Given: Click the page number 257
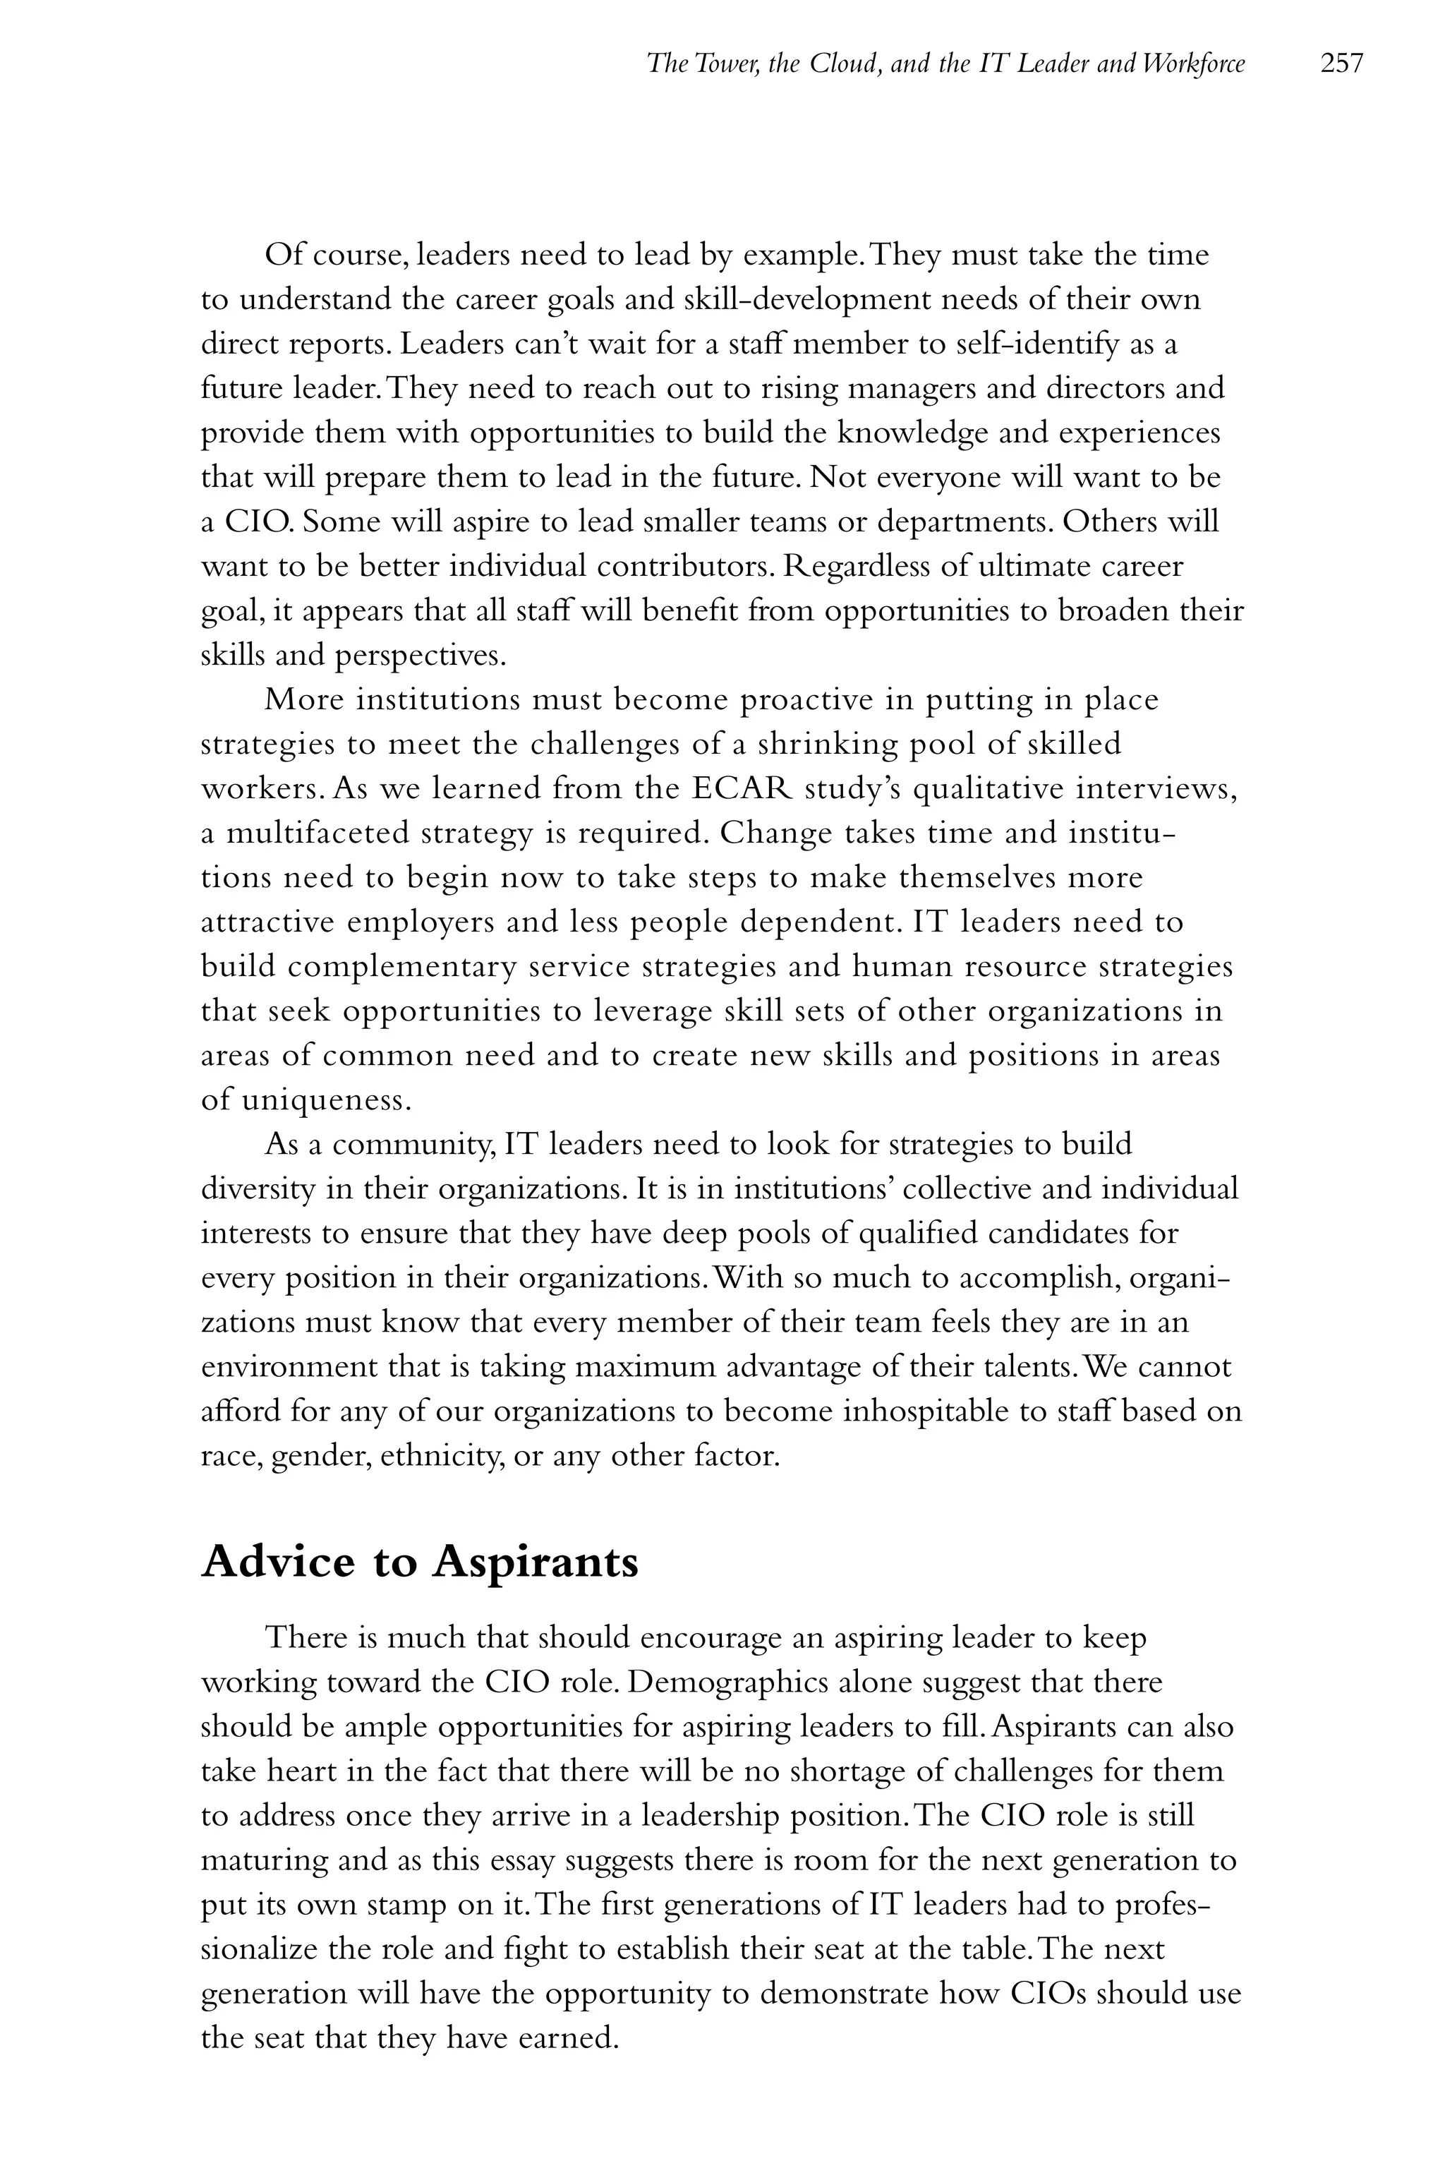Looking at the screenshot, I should coord(1341,64).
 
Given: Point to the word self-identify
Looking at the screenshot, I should coord(1033,344).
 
